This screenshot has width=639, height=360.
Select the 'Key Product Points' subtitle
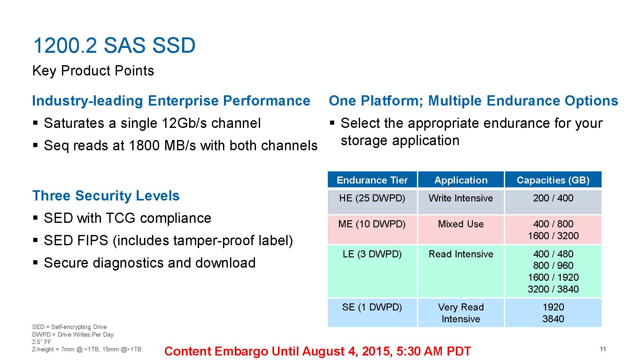coord(93,71)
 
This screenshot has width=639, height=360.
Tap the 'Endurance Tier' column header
coord(372,180)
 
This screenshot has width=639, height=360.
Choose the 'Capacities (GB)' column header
coord(553,180)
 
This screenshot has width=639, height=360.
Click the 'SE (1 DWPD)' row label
coord(372,307)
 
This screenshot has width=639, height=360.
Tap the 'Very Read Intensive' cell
coord(461,313)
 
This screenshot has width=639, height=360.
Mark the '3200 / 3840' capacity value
coord(553,289)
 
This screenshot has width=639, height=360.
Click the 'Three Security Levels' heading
coord(106,196)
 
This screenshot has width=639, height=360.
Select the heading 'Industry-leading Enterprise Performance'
coord(171,101)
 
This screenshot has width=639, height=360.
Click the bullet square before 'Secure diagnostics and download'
coord(35,263)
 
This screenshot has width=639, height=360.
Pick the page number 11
coord(603,349)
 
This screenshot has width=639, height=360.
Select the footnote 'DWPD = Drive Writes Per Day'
coord(73,334)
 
